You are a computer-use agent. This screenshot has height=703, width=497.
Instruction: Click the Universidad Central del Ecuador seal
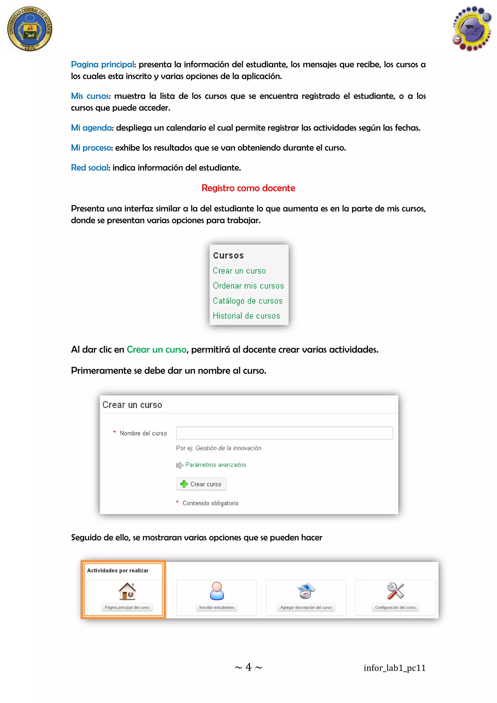pyautogui.click(x=30, y=29)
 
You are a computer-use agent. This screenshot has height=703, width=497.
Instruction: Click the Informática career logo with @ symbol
pyautogui.click(x=472, y=29)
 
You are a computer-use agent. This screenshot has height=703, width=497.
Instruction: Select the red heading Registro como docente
pyautogui.click(x=248, y=188)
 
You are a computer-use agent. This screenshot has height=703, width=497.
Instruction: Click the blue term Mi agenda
pyautogui.click(x=91, y=128)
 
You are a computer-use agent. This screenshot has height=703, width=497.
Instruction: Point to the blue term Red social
pyautogui.click(x=89, y=168)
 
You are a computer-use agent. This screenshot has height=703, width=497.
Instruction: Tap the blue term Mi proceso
pyautogui.click(x=91, y=148)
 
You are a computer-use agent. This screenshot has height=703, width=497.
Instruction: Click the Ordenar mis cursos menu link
pyautogui.click(x=248, y=286)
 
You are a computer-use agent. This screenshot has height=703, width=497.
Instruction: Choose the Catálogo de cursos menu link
pyautogui.click(x=248, y=301)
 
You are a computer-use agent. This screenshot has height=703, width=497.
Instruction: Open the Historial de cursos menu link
pyautogui.click(x=246, y=316)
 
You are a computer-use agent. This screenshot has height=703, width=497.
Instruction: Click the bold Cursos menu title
pyautogui.click(x=228, y=255)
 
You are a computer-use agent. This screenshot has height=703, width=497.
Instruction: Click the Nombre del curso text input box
pyautogui.click(x=284, y=433)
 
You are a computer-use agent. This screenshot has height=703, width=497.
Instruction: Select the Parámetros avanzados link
pyautogui.click(x=215, y=465)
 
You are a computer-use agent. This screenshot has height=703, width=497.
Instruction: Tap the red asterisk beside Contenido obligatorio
pyautogui.click(x=177, y=502)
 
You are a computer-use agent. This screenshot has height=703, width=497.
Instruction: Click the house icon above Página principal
pyautogui.click(x=127, y=591)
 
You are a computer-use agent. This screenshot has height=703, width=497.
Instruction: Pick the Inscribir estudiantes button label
pyautogui.click(x=216, y=607)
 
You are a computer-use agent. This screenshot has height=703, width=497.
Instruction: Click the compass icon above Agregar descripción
pyautogui.click(x=306, y=591)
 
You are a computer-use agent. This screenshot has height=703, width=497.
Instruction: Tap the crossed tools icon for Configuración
pyautogui.click(x=395, y=591)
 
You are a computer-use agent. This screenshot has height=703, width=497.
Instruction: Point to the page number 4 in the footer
pyautogui.click(x=248, y=667)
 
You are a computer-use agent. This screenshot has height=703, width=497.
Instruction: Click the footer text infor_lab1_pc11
pyautogui.click(x=395, y=668)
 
